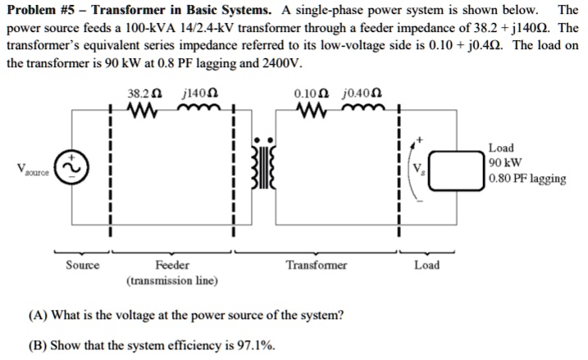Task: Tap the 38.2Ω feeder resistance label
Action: coord(142,93)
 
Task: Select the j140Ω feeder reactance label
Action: coord(198,93)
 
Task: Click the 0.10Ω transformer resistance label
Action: coord(310,93)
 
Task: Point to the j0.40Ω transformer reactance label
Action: coord(364,93)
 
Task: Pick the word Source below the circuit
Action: coord(83,265)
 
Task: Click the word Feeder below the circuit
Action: coord(171,265)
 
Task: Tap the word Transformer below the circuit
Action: coord(316,265)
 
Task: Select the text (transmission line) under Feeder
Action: coord(171,280)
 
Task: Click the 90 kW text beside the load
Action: coord(505,163)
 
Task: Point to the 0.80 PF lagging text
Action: coord(526,179)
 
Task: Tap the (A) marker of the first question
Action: coord(38,315)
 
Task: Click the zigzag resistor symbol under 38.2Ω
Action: coord(146,110)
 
